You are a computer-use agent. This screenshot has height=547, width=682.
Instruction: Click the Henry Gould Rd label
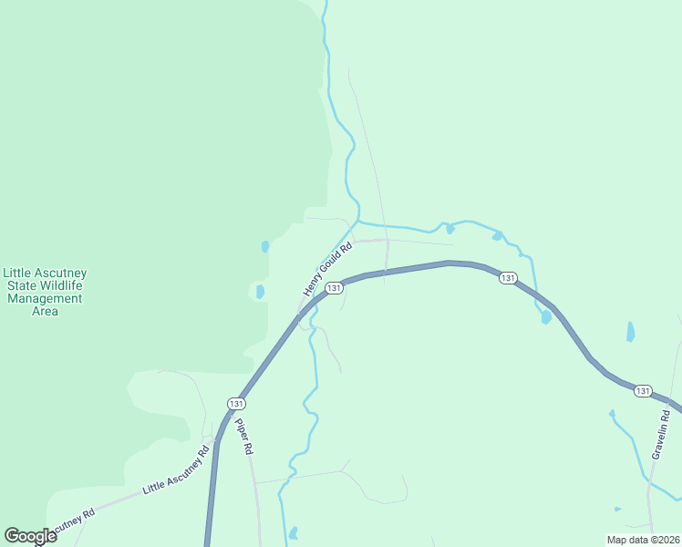(327, 268)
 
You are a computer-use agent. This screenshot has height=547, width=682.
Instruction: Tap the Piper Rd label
(243, 437)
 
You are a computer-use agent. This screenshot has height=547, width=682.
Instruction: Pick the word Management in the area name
(45, 298)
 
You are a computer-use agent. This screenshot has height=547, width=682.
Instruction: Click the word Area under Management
(45, 311)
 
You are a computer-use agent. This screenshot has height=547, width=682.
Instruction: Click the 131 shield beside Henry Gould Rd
(334, 288)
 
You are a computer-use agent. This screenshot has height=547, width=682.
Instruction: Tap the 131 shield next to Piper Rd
(236, 403)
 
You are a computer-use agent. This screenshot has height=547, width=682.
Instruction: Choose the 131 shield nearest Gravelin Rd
(643, 391)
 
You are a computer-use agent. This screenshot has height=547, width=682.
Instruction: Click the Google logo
(30, 536)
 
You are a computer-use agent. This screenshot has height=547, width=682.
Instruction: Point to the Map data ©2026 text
(643, 539)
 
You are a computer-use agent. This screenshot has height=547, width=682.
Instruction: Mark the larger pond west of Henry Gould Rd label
(260, 292)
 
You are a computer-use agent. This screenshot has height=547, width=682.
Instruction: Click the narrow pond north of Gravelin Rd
(630, 332)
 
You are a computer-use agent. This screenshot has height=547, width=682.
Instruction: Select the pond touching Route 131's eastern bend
(545, 317)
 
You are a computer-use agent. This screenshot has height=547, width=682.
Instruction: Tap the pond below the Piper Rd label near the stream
(293, 533)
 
